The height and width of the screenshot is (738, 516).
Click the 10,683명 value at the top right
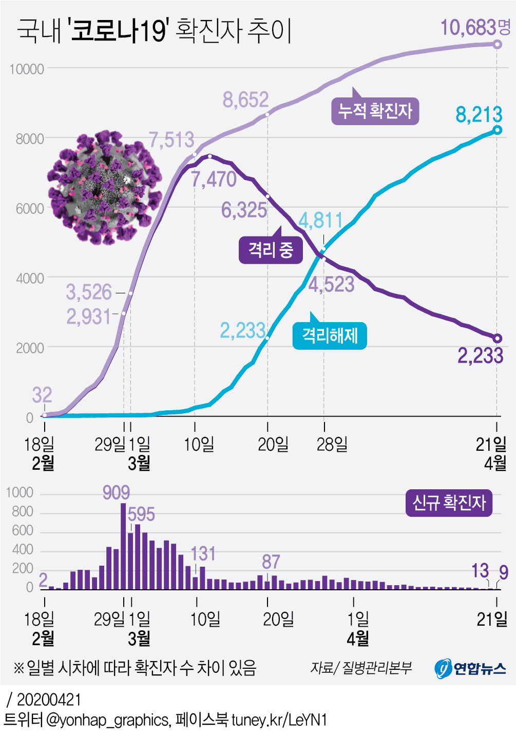point(475,28)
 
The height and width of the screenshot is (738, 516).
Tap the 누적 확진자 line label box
point(375,111)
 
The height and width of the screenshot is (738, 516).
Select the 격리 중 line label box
point(271,250)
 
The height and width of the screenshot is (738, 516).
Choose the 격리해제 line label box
point(330,336)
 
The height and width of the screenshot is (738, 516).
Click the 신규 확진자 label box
point(449,503)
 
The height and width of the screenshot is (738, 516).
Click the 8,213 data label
point(479,114)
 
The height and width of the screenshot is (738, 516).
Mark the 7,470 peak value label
point(214,179)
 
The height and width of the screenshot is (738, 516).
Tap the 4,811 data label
point(320,221)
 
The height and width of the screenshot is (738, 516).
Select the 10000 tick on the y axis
point(27,69)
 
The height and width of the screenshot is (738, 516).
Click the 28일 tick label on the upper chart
point(332,444)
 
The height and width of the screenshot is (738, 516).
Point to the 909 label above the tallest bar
point(116,493)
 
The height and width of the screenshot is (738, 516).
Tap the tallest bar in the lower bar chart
point(123,546)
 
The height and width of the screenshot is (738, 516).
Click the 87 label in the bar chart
point(271,562)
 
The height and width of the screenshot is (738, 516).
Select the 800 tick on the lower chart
point(23,512)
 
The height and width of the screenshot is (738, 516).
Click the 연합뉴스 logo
point(470,668)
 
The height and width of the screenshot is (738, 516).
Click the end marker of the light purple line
point(497,45)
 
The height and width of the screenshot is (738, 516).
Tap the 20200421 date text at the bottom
point(49,700)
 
